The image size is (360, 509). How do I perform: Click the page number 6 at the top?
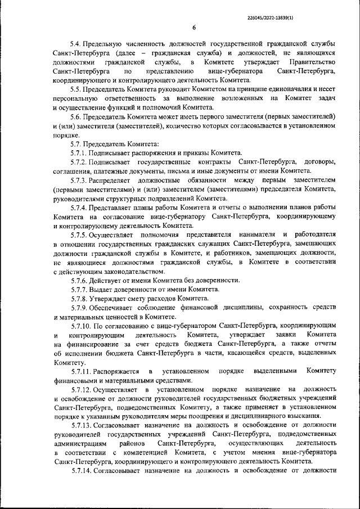[193, 28]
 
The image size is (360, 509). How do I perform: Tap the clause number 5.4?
[76, 44]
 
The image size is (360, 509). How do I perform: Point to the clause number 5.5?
[76, 89]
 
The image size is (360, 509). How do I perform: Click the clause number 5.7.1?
[79, 153]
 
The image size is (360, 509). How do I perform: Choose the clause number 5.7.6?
[79, 280]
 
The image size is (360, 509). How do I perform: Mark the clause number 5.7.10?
[82, 326]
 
